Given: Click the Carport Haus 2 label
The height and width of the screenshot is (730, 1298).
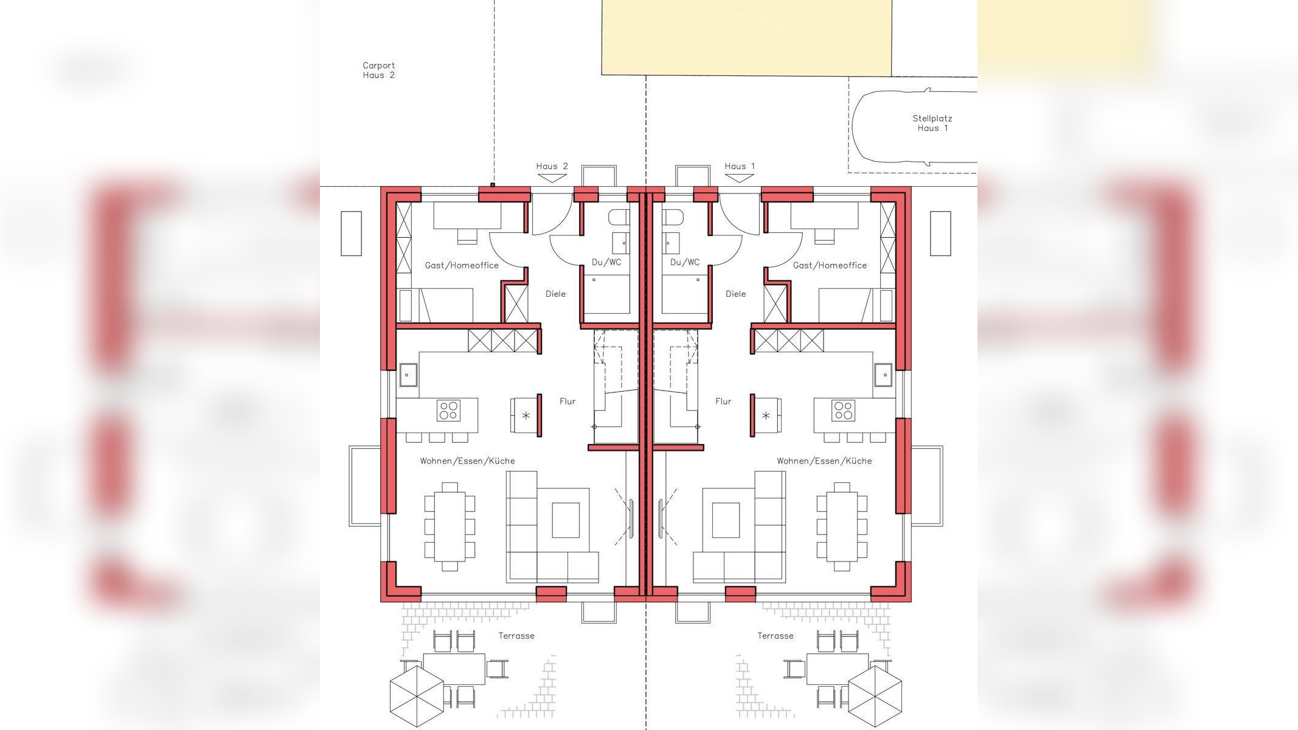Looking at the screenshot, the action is coord(379,70).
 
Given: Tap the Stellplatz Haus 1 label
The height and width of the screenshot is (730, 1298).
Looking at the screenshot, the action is coord(932,123).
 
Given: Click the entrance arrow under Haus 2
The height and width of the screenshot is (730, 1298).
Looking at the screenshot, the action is coord(552,178).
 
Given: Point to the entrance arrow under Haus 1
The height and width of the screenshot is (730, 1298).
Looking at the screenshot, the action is coord(740,178).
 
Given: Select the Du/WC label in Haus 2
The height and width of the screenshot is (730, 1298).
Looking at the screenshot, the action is coord(606,262).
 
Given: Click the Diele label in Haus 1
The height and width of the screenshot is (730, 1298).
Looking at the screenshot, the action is coord(735,294).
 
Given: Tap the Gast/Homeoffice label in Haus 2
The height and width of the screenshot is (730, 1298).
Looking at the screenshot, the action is coord(462,265).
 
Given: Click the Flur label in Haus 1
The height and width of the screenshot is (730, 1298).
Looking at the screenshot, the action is coord(723,401).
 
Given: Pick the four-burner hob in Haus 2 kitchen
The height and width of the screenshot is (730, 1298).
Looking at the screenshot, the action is coord(449,411).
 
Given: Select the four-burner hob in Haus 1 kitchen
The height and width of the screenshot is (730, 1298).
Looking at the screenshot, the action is coord(843,411).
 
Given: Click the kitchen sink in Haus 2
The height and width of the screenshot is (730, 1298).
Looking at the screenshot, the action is coord(408,375).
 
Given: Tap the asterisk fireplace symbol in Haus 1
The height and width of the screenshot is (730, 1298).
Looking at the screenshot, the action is coord(766,416).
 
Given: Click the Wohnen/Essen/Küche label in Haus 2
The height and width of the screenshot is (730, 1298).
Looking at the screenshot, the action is coord(467,461).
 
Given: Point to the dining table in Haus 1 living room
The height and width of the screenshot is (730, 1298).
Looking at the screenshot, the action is coord(842,526).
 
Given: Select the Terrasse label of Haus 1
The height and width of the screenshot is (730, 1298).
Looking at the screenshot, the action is coord(776,636).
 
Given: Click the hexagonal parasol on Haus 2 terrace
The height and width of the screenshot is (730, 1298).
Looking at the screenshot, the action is coord(417,696).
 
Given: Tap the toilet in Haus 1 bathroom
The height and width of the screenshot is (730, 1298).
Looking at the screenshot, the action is coord(673,218).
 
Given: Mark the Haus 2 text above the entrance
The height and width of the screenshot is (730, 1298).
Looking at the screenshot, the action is coord(552,166).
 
